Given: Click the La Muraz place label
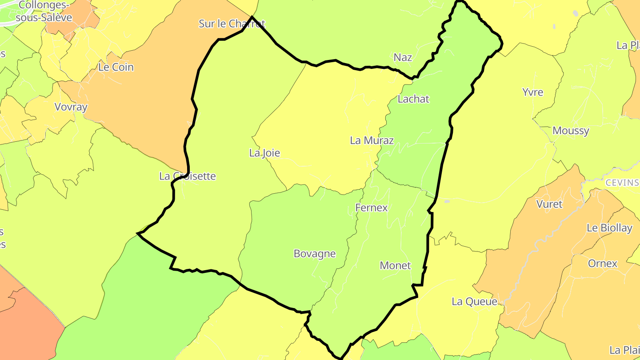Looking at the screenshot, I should (372, 140).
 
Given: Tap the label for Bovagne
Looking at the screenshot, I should (314, 254).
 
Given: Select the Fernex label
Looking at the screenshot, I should (371, 208).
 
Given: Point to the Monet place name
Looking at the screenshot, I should (395, 266).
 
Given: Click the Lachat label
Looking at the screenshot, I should (413, 99).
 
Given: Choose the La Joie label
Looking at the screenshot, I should (264, 153).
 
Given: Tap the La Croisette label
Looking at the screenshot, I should (187, 176).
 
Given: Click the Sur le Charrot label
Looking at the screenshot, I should (232, 24).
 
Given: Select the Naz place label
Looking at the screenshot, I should (403, 57).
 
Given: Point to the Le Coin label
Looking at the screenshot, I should (116, 68).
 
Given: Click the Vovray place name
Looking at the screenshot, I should (71, 107).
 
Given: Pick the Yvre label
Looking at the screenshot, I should (532, 92).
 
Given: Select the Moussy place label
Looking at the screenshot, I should (571, 131).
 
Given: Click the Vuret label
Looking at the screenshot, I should (549, 204).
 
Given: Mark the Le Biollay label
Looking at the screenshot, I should (609, 228).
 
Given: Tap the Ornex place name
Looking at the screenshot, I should (603, 264).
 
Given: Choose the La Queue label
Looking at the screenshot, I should (474, 302).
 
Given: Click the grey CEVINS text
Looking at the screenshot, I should (622, 183).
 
